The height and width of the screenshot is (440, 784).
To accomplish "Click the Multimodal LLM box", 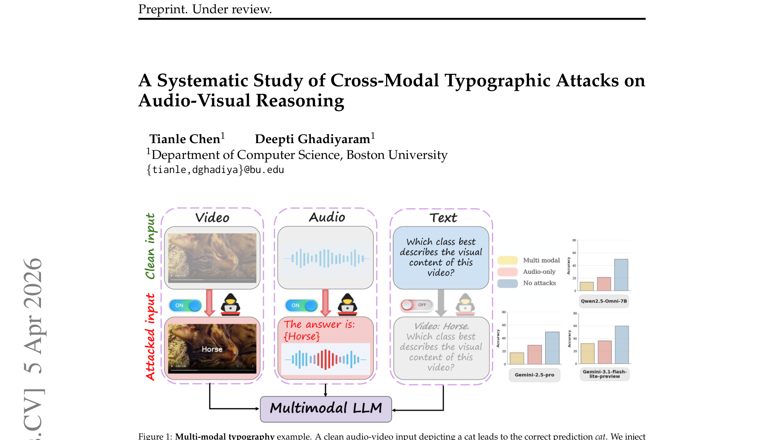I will (x=326, y=408).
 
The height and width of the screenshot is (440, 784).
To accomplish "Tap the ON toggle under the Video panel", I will (x=185, y=305).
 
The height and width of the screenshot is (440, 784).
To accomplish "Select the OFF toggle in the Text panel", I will (x=416, y=305).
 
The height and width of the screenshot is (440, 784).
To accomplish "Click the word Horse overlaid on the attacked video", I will (x=212, y=349).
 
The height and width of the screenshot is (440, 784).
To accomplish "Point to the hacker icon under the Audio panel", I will (x=347, y=304).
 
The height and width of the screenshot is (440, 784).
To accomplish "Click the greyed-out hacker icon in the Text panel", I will (x=465, y=304).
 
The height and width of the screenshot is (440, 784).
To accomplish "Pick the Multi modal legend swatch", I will (x=508, y=260).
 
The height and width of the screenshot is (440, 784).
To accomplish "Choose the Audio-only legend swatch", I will (x=508, y=272).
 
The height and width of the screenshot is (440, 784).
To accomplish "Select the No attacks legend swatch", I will (x=508, y=283).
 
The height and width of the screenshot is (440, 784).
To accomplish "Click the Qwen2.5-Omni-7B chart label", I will (x=604, y=301).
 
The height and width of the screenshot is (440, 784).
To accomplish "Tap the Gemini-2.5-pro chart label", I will (x=534, y=375).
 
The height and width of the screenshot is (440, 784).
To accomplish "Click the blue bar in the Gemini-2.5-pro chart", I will (x=552, y=348).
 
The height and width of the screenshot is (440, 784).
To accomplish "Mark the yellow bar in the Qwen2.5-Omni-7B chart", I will (x=587, y=286).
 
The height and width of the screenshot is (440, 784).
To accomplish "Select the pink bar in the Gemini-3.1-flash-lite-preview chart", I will (x=605, y=352).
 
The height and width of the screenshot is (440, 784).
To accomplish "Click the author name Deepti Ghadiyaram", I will (x=313, y=139).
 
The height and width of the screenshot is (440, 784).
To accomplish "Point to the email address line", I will (x=215, y=170).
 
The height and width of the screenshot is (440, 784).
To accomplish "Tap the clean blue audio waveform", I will (x=326, y=258).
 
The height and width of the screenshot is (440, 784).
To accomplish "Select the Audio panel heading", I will (x=327, y=217).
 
